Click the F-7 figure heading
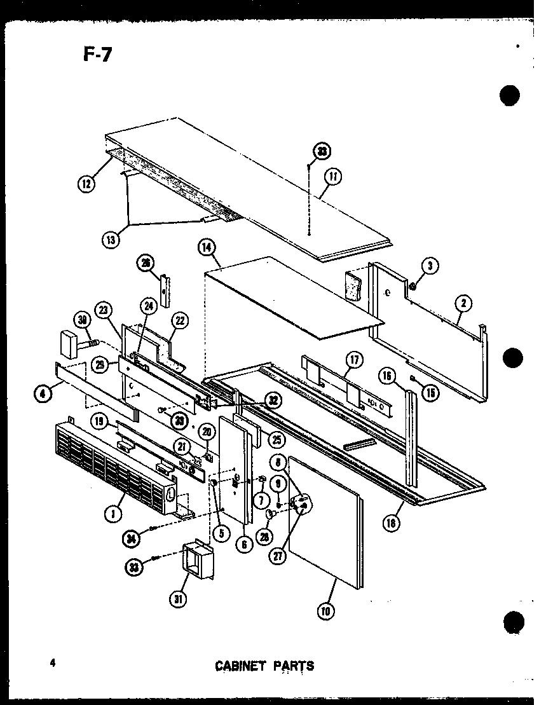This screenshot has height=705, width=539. pos(97,55)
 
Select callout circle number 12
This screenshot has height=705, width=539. pos(86,184)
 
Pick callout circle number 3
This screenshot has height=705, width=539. pos(430,267)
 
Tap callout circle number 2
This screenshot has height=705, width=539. pos(463,304)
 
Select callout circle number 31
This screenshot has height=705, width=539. pos(180,598)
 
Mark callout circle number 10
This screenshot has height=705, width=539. pos(327,611)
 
